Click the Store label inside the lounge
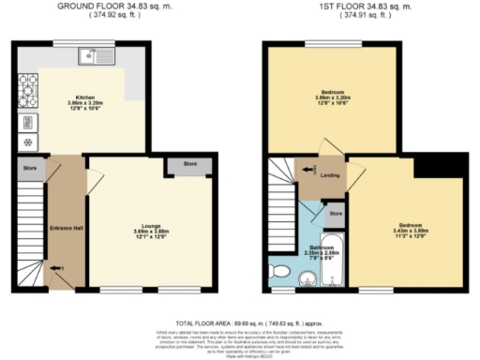pyautogui.click(x=190, y=165)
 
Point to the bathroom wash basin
pyautogui.click(x=306, y=278)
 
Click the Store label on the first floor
pyautogui.click(x=336, y=214)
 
